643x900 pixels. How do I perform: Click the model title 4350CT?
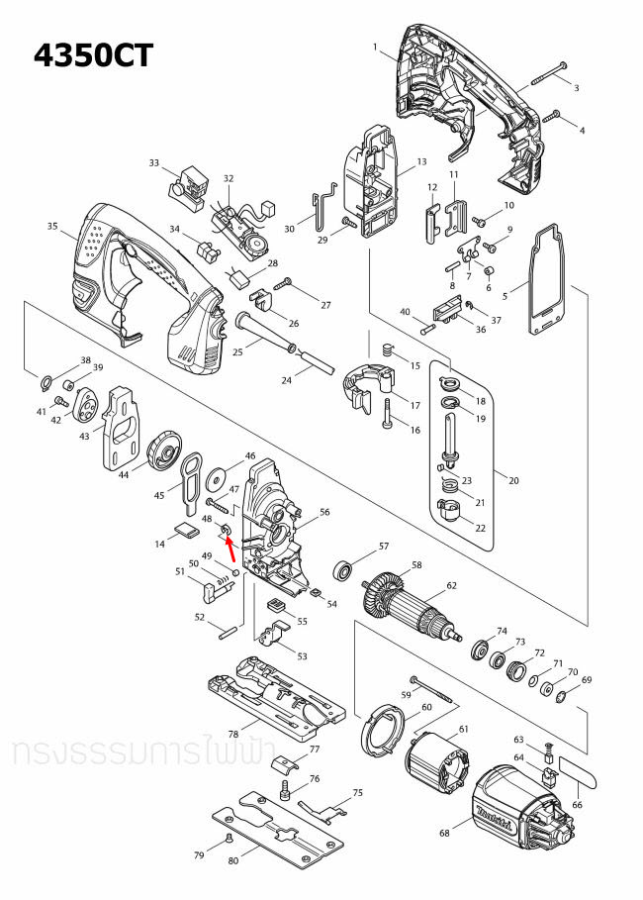click(x=93, y=54)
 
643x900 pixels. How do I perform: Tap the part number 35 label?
click(x=52, y=227)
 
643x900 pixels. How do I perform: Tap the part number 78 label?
click(x=233, y=734)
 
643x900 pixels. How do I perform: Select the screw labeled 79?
click(x=228, y=839)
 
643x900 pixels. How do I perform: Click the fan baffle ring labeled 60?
click(x=383, y=731)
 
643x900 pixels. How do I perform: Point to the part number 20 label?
click(x=511, y=480)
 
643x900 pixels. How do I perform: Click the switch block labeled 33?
click(x=188, y=185)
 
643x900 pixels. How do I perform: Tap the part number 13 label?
click(x=420, y=161)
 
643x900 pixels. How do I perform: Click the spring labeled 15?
click(x=388, y=350)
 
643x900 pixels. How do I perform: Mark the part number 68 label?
click(x=443, y=833)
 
